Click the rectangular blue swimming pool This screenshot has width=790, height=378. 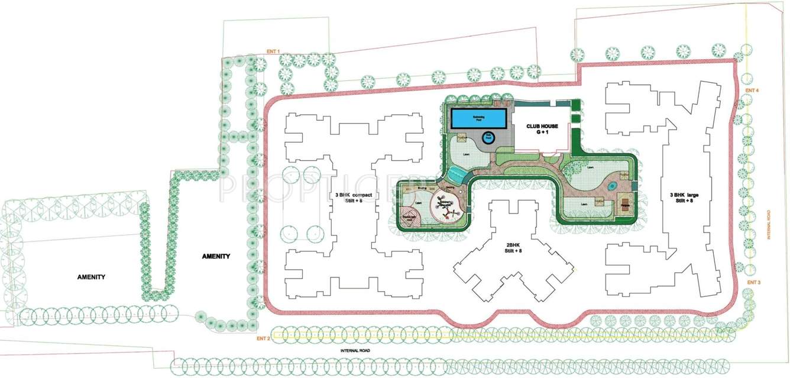click(x=478, y=118)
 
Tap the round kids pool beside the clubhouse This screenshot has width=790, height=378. click(x=488, y=137)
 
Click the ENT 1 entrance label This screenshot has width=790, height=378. click(x=273, y=52)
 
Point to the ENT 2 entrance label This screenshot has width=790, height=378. click(x=263, y=338)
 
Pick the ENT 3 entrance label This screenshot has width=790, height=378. click(x=753, y=282)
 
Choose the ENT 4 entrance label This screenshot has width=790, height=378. click(x=752, y=90)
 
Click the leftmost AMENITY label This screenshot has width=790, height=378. click(x=91, y=277)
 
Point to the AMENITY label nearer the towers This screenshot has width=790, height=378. click(x=215, y=256)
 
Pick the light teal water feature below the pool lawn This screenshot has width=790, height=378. click(x=456, y=173)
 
